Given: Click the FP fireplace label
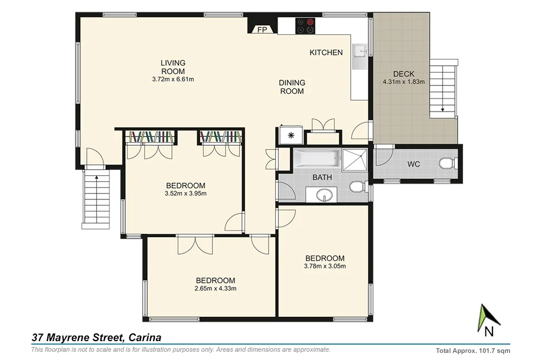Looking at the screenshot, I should [x=262, y=30].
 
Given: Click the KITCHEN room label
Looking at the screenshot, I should [x=326, y=53].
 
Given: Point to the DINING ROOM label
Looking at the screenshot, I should [x=292, y=87].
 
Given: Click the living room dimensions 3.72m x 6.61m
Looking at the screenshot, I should [x=173, y=78].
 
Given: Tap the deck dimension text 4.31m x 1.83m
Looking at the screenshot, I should [x=404, y=82].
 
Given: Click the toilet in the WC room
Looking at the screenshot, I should [x=447, y=163].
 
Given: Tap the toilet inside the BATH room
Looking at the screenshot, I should [x=357, y=188].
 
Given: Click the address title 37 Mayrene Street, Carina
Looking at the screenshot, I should [x=96, y=338].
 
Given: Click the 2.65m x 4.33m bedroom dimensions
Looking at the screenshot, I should [x=215, y=288].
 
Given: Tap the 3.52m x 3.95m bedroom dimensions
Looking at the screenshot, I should [x=185, y=192].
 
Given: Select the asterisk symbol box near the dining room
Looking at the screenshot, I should [x=290, y=135].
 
